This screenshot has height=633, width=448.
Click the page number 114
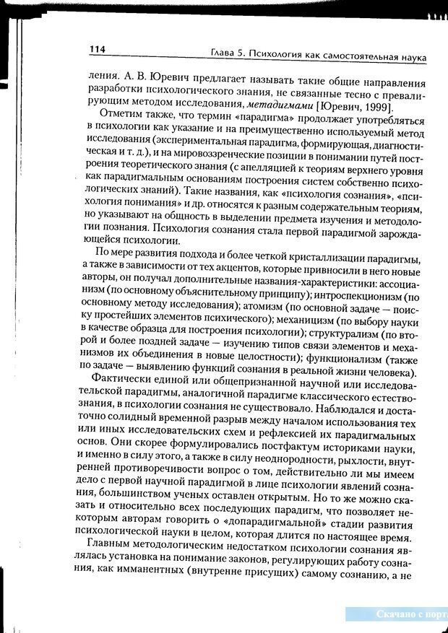click(98, 49)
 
